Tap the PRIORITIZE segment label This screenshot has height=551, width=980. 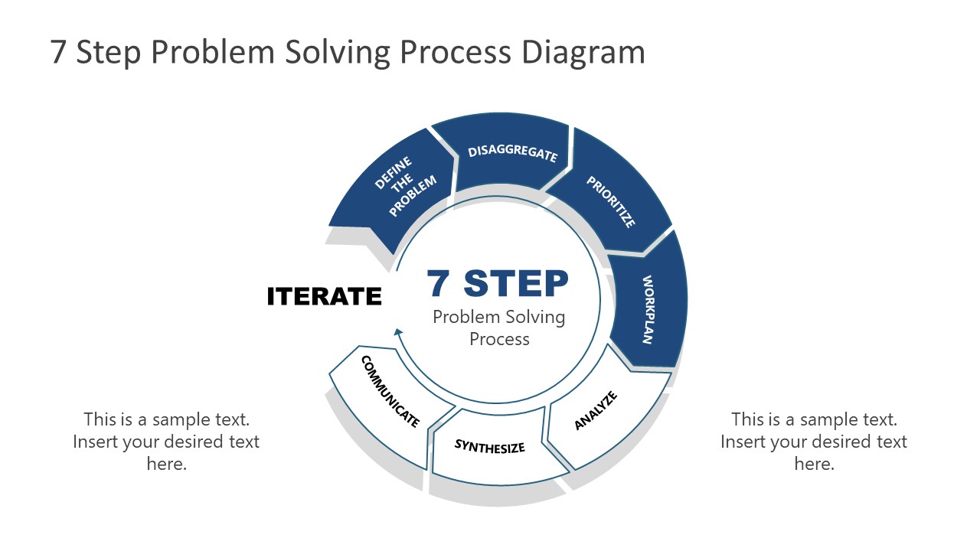point(611,202)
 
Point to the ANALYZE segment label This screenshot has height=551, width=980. point(596,410)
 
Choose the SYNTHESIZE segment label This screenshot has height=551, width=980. point(490,445)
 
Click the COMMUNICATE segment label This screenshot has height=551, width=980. point(390,391)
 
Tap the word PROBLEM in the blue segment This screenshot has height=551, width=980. point(413,197)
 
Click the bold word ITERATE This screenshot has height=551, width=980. point(324,296)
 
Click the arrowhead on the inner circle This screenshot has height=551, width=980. point(398,331)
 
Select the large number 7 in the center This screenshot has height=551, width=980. point(439,283)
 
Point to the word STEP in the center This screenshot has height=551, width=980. point(517,283)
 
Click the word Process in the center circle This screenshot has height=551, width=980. point(499,339)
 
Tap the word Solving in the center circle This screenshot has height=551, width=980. point(537,317)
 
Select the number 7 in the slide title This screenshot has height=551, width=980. point(59,52)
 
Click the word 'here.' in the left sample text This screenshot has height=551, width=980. point(166,464)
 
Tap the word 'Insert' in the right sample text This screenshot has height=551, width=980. point(743,442)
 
